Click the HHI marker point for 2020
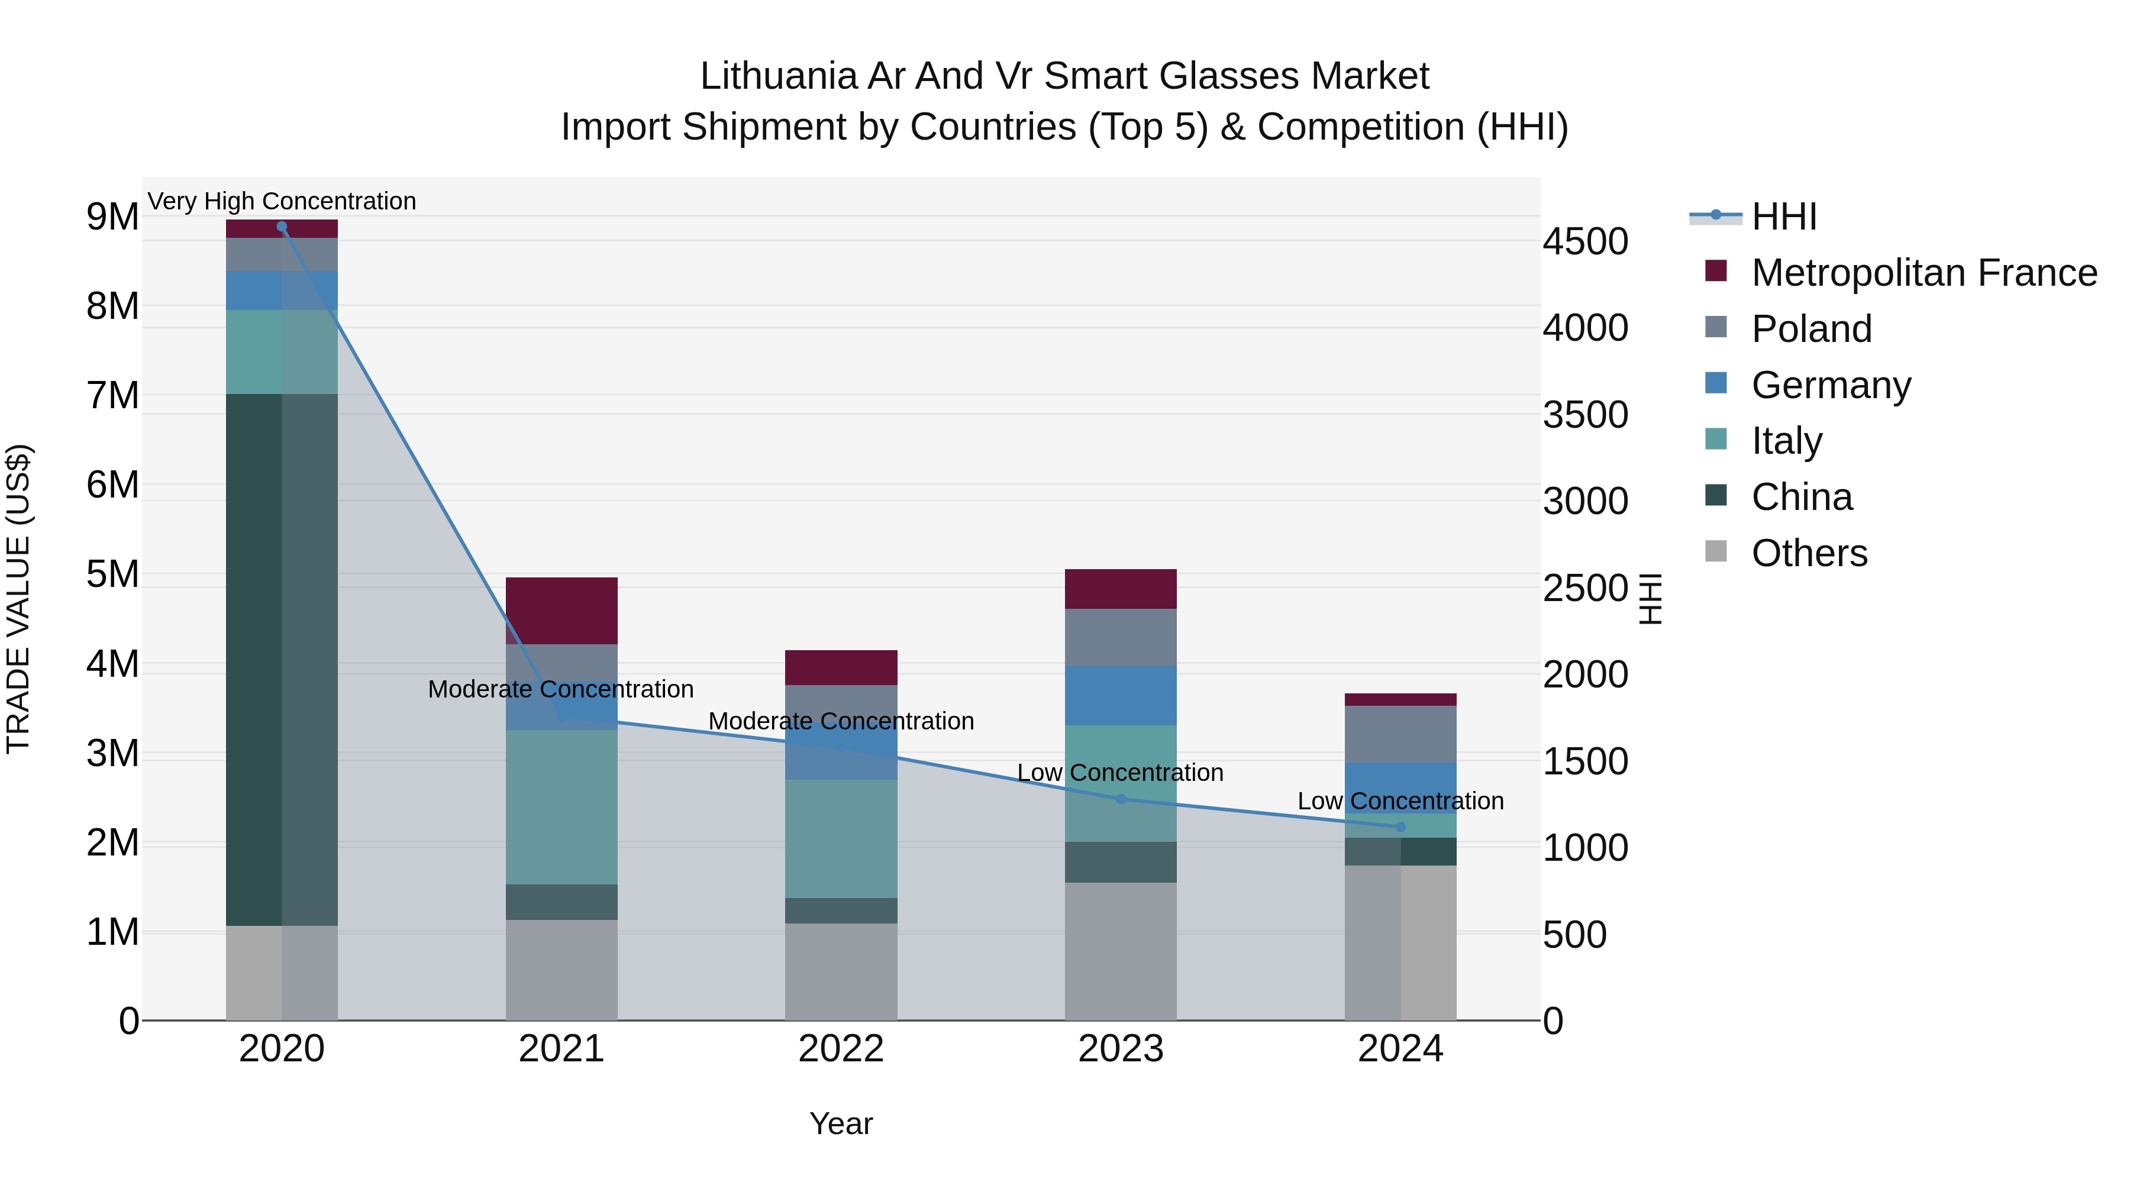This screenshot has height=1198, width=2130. point(282,227)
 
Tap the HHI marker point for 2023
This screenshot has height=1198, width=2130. point(1121,799)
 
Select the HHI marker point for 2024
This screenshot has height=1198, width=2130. point(1400,827)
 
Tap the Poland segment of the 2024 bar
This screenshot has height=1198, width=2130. point(1400,734)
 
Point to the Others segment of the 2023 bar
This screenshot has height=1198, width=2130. point(1121,951)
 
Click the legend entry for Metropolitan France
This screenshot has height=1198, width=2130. point(1924,273)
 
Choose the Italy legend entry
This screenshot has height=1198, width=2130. point(1786,441)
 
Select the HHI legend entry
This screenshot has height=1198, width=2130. point(1783,217)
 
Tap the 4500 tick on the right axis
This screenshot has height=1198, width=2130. point(1585,242)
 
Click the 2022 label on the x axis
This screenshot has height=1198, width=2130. point(841,1049)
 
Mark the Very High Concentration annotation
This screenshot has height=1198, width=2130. point(282,201)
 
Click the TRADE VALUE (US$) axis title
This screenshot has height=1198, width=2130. point(18,599)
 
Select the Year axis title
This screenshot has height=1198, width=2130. point(841,1123)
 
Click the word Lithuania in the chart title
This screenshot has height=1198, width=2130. point(778,76)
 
